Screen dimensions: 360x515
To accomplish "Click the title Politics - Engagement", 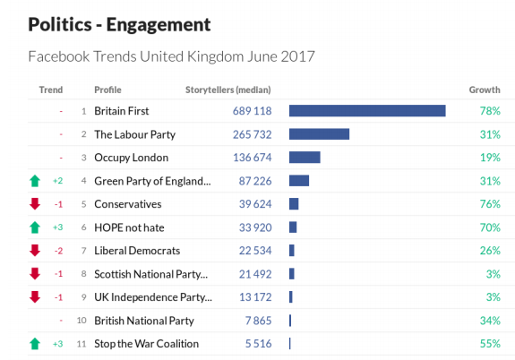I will [119, 23].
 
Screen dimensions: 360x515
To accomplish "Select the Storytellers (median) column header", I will [227, 90].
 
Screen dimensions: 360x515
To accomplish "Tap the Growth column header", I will [485, 90].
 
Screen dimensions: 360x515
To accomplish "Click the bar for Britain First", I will [367, 111].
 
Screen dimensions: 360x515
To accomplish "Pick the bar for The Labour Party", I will [319, 134].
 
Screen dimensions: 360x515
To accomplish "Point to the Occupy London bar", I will [305, 158].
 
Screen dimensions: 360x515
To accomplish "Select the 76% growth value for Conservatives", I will [489, 204].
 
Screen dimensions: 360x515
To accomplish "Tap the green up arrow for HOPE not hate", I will [35, 227].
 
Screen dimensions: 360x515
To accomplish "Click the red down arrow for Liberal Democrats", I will [35, 251].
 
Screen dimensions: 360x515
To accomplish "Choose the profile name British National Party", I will [143, 321].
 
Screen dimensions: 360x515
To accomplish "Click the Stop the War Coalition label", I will [146, 344].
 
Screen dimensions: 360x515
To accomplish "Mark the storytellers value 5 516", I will [253, 344].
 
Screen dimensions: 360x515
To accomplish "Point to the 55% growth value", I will [489, 344].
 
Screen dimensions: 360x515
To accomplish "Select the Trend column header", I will [51, 90].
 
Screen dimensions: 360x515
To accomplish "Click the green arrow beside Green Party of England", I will [35, 181].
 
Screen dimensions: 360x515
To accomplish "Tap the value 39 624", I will [250, 204].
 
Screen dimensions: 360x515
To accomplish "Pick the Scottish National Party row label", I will [150, 274].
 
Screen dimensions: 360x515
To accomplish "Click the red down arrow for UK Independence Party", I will [35, 297].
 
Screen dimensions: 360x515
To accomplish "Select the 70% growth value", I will [489, 227].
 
